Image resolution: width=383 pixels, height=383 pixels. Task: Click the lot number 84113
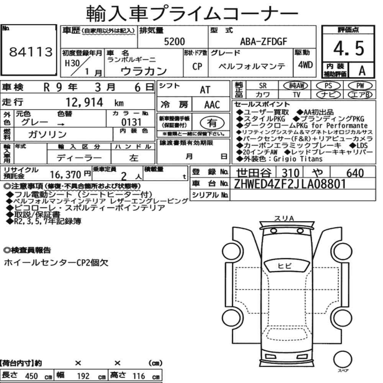pyautogui.click(x=31, y=52)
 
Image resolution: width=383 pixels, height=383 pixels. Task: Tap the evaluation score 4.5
pyautogui.click(x=349, y=48)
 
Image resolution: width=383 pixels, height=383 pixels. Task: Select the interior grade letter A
pyautogui.click(x=362, y=71)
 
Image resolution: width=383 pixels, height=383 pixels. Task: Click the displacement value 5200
pyautogui.click(x=174, y=41)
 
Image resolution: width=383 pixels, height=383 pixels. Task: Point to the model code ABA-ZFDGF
pyautogui.click(x=264, y=41)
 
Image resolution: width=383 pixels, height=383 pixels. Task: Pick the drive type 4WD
pyautogui.click(x=305, y=65)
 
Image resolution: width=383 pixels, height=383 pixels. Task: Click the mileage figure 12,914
pyautogui.click(x=85, y=102)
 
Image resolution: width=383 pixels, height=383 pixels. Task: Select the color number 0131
pyautogui.click(x=131, y=122)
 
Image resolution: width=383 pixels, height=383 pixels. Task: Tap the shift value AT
pyautogui.click(x=205, y=90)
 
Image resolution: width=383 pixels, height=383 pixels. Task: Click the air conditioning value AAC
pyautogui.click(x=212, y=105)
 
